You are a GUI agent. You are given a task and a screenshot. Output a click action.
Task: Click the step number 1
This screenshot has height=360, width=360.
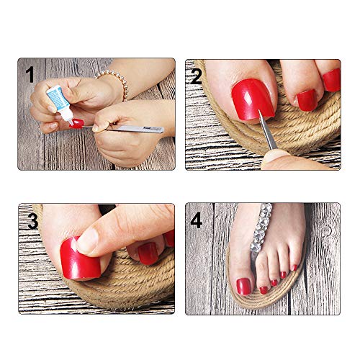30,75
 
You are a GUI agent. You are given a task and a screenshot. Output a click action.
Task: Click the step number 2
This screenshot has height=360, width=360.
196,76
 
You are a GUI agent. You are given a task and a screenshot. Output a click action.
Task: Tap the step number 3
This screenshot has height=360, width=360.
33,221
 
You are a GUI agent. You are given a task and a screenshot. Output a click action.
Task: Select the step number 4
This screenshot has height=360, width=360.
197,220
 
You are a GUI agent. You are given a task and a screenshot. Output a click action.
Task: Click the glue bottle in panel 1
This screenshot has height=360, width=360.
60,103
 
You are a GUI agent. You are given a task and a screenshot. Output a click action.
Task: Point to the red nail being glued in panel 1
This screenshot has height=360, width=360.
77,123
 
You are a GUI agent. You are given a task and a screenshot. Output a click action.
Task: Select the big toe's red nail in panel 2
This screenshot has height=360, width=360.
253,99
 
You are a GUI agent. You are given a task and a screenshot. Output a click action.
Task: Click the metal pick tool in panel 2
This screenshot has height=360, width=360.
267,130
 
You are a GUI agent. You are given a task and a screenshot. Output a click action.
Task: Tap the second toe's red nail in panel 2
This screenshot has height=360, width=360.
307,100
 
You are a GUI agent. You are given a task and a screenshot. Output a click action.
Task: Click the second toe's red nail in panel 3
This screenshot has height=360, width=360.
148,253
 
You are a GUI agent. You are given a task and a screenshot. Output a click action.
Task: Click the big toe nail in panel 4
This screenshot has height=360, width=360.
243,287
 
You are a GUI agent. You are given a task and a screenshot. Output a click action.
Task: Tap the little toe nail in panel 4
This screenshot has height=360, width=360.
295,268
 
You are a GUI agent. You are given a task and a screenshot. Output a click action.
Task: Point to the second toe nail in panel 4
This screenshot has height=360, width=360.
264,290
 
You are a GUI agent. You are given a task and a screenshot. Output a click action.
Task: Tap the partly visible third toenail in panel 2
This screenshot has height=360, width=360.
332,80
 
